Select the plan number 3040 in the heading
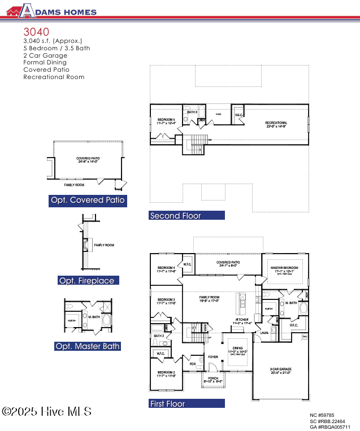click(36, 32)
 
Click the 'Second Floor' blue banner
click(186, 215)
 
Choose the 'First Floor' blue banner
click(186, 403)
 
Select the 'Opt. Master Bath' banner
click(88, 346)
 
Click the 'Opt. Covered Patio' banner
click(88, 200)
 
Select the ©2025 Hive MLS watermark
click(46, 412)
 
